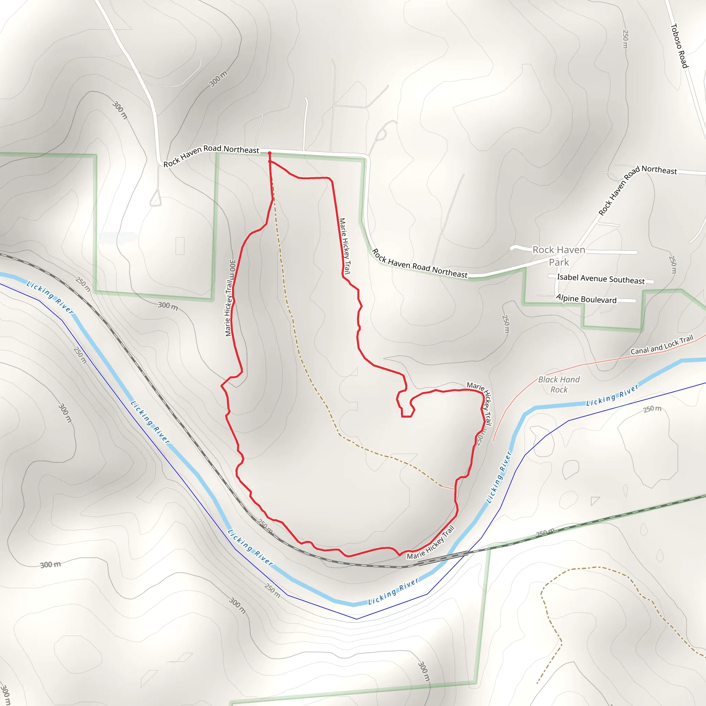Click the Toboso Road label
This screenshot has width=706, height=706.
[679, 46]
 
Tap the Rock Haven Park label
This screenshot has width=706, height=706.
[559, 256]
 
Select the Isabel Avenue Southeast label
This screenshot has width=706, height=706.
[601, 279]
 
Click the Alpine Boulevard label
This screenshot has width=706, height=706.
[586, 299]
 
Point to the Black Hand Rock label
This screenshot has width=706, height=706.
[559, 384]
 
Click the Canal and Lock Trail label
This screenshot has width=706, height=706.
[662, 345]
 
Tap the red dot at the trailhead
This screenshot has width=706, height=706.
[270, 153]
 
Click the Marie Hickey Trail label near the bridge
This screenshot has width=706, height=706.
[431, 542]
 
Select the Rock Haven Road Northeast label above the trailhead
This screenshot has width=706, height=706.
[211, 156]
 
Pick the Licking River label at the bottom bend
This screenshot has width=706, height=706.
[393, 591]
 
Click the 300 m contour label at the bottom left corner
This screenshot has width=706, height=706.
[5, 694]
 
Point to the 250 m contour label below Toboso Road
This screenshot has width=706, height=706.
[625, 39]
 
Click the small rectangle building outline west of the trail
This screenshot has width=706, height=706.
[180, 245]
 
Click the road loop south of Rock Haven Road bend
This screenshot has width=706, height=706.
[156, 199]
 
